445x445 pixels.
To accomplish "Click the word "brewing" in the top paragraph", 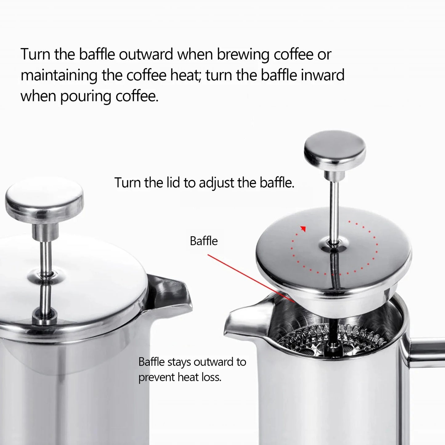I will (243, 55).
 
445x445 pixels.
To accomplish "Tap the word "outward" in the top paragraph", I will (146, 55).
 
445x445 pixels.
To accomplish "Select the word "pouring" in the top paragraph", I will (85, 97).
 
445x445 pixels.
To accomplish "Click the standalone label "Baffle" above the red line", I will (204, 241).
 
